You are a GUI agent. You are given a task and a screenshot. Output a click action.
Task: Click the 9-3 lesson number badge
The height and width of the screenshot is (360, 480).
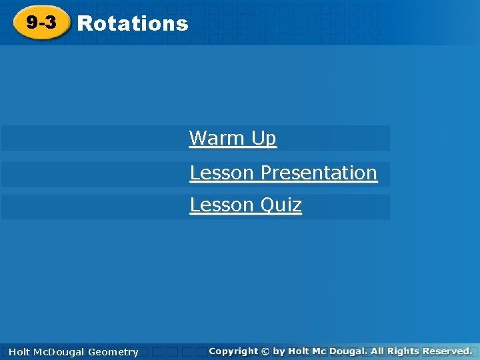(41, 23)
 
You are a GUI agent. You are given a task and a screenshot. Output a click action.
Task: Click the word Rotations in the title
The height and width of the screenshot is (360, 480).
(133, 23)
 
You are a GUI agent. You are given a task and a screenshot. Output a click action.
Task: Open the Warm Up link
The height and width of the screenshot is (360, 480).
(233, 138)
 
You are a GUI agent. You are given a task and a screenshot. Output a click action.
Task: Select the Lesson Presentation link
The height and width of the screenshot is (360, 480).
(283, 173)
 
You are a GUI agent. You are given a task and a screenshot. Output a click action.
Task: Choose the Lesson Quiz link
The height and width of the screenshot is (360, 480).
(245, 205)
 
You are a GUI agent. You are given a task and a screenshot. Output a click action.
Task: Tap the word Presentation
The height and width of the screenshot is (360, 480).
(319, 173)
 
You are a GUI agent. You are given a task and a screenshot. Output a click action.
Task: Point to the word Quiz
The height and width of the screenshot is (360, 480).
(281, 205)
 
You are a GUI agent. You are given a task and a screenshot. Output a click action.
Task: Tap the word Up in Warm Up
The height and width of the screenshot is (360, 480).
(264, 138)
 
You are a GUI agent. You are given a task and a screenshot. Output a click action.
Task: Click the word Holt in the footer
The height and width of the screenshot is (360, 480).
(19, 352)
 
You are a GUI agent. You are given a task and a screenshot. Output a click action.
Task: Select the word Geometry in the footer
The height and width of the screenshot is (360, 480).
(114, 352)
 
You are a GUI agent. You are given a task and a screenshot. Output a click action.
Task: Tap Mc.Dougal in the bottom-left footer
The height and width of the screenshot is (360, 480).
(59, 352)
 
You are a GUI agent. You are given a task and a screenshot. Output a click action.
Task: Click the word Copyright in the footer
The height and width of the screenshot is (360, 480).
(233, 351)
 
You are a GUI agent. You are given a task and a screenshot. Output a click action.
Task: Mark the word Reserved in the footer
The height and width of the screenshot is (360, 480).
(445, 351)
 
